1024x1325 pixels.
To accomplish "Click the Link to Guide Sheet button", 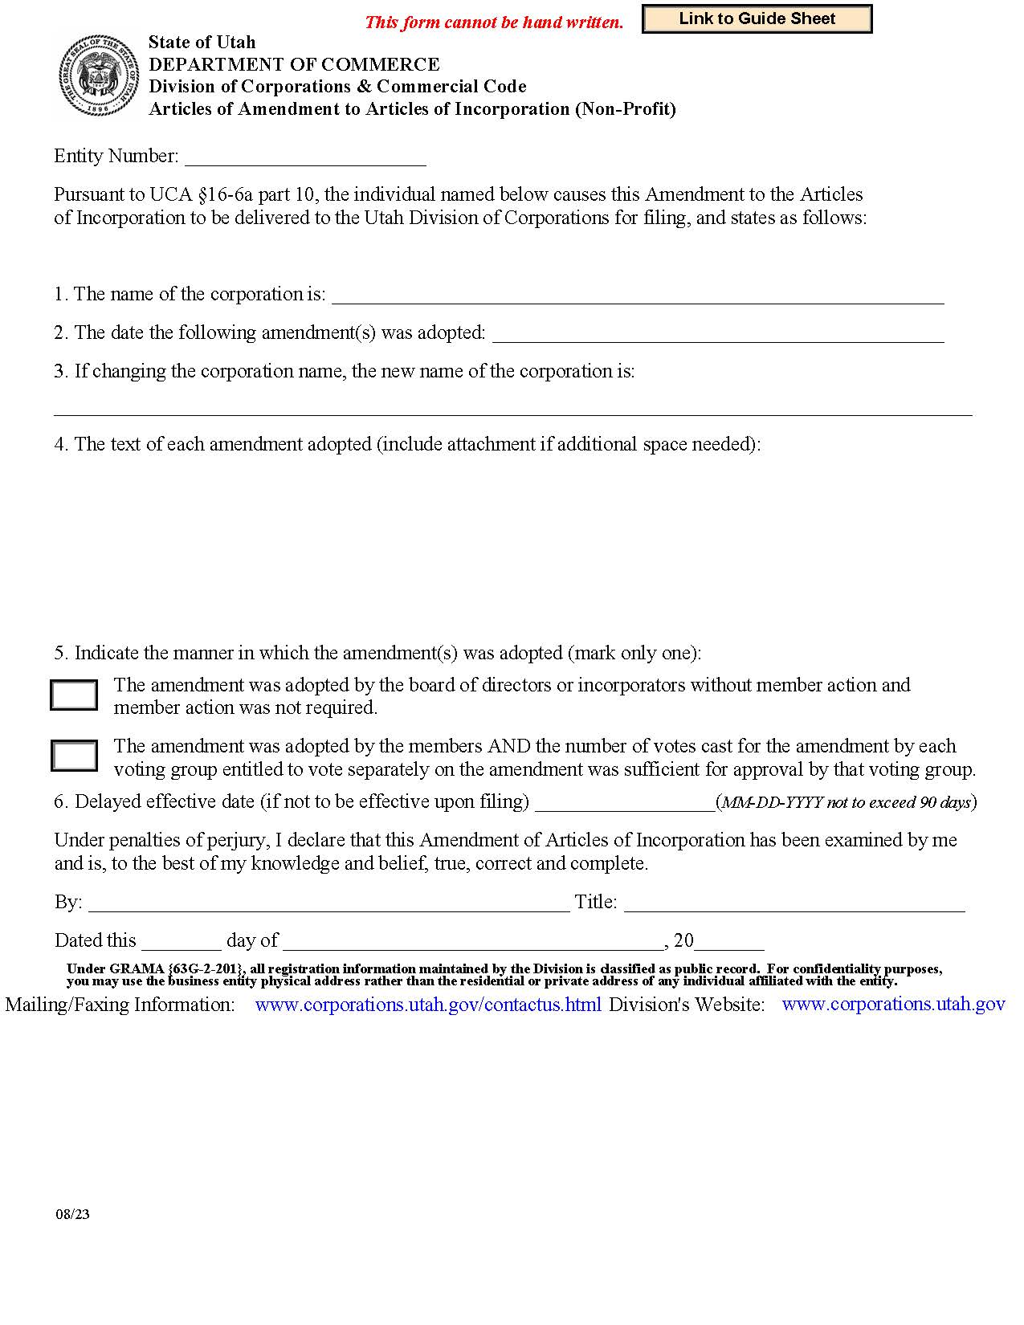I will [757, 19].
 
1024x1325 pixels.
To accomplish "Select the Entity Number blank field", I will [305, 157].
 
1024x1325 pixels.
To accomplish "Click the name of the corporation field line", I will [638, 296].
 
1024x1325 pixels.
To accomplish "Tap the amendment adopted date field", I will [718, 334].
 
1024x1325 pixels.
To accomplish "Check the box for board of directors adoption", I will [74, 695].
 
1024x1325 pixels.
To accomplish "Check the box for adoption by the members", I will [74, 756].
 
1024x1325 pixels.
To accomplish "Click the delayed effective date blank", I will [624, 803].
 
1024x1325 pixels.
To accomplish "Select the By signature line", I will [328, 903].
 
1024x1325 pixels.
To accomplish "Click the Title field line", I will [794, 903].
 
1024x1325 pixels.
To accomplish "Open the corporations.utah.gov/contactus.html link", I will [427, 1005].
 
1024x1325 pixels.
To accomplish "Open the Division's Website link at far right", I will [893, 1005].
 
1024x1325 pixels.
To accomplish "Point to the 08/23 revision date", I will [73, 1214].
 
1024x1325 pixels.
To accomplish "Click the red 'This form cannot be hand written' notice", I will [494, 22].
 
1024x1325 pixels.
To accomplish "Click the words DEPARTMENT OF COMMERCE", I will [294, 64].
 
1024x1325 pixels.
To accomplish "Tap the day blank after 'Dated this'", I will [181, 942].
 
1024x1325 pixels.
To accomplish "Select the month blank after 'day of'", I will [473, 942].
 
